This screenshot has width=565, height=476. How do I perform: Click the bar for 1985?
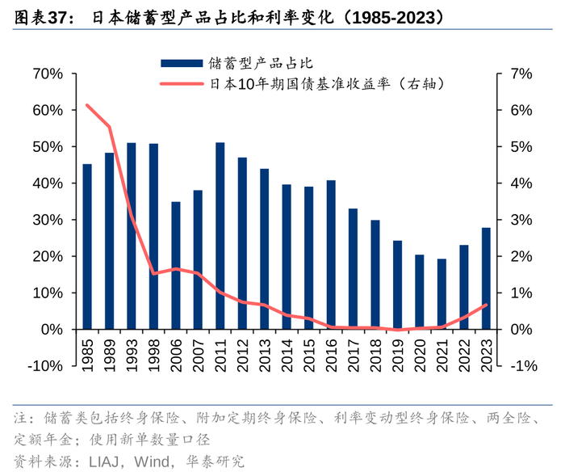pos(87,246)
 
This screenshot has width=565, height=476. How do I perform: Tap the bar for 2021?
pos(442,294)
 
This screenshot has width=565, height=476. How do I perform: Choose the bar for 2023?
pos(486,278)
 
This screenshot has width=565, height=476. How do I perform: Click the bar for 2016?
pos(331,255)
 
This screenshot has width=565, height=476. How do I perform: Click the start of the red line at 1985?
pos(87,105)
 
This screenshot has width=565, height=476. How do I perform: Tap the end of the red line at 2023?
pos(486,305)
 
